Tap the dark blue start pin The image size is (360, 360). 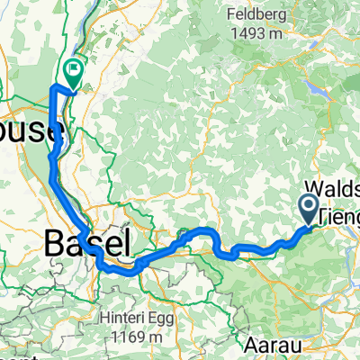pos(309,209)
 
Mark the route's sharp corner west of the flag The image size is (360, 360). pos(55,86)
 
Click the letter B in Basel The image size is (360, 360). pos(54,241)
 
